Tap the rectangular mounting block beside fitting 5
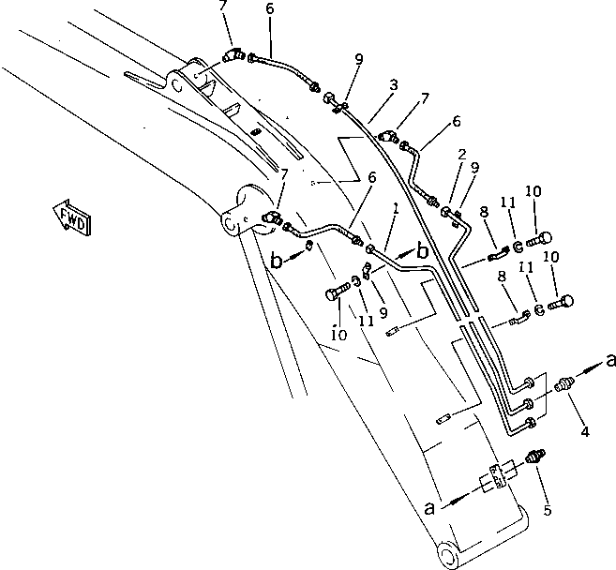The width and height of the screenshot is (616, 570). click(x=496, y=478)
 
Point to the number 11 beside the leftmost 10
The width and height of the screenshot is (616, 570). click(x=366, y=322)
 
